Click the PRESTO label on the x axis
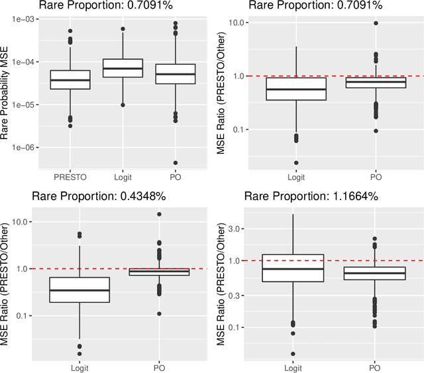point(71,177)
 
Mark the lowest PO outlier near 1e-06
point(176,162)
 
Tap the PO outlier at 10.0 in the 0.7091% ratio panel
point(375,23)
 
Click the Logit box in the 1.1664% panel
point(292,268)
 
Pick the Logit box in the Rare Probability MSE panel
point(123,68)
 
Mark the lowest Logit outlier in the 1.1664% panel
point(292,354)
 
